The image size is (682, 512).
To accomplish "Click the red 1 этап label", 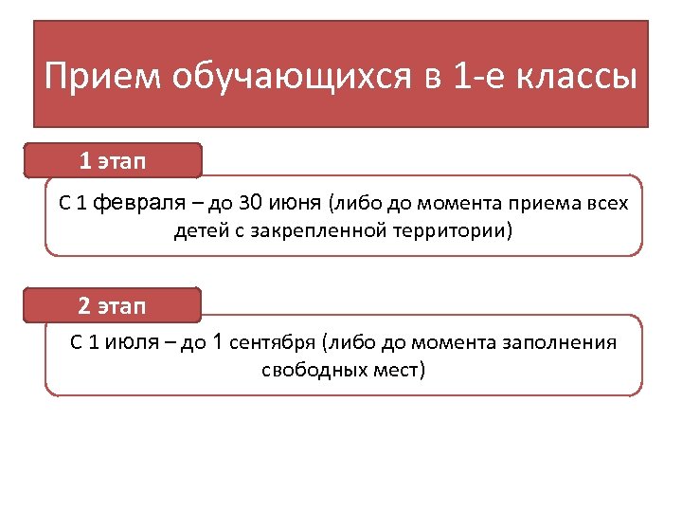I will tap(113, 161).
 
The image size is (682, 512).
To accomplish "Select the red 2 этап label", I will tap(113, 305).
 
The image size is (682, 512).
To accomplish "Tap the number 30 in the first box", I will tap(249, 204).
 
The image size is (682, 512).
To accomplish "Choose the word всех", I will tap(606, 204).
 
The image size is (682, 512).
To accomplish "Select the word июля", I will tap(133, 342).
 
